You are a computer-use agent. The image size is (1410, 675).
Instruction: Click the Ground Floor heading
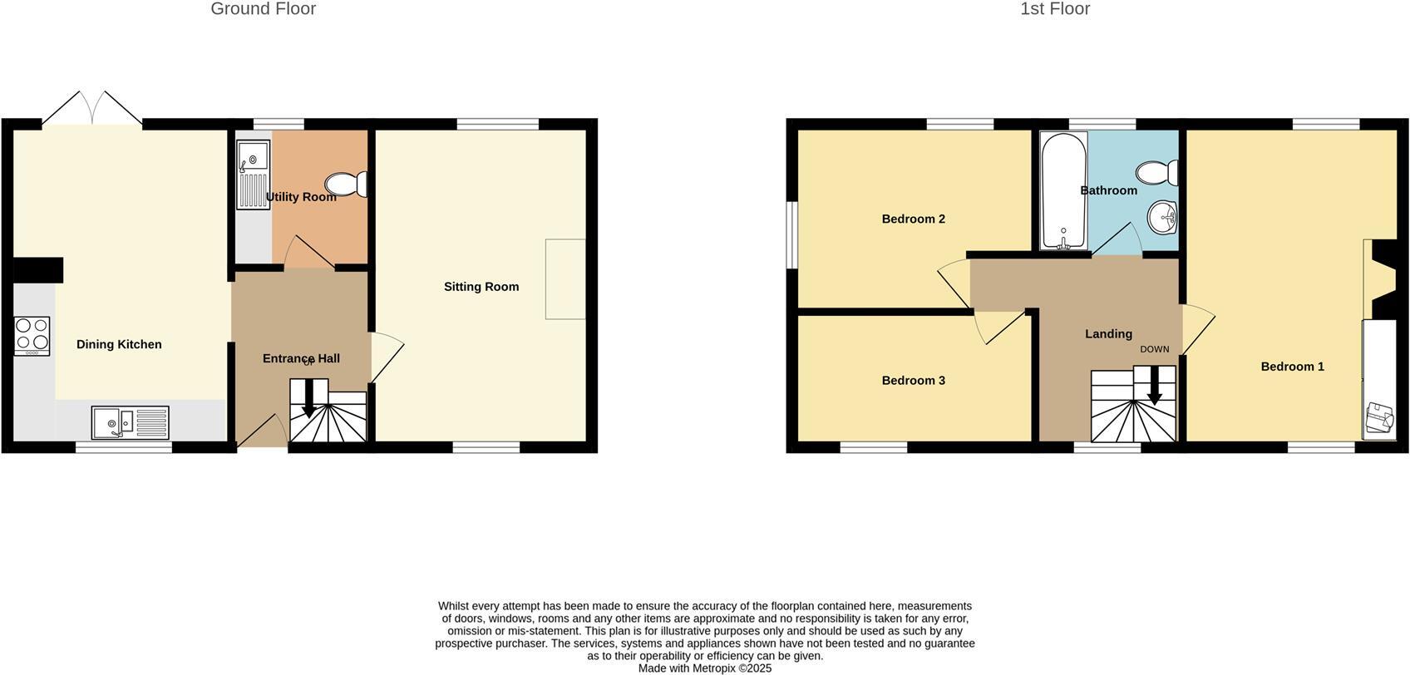pyautogui.click(x=263, y=9)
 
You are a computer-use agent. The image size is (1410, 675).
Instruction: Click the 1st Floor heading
pyautogui.click(x=1054, y=9)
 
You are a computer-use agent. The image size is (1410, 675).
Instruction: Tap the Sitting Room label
pyautogui.click(x=481, y=287)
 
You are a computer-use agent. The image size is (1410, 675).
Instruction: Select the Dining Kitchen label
pyautogui.click(x=119, y=344)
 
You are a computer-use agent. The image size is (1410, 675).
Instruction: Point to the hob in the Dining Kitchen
pyautogui.click(x=32, y=336)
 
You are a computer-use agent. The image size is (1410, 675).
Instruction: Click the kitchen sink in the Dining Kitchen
pyautogui.click(x=130, y=422)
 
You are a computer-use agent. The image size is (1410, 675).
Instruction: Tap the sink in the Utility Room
pyautogui.click(x=253, y=174)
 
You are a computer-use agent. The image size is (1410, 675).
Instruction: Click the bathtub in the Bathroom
pyautogui.click(x=1063, y=190)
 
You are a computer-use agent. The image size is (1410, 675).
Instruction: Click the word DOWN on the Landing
pyautogui.click(x=1154, y=349)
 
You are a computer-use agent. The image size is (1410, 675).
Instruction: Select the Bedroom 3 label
pyautogui.click(x=913, y=381)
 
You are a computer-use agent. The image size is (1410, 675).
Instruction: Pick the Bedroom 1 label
pyautogui.click(x=1292, y=367)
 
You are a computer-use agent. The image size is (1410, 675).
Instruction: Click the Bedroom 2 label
pyautogui.click(x=913, y=219)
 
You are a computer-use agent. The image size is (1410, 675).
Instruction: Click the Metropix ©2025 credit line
pyautogui.click(x=705, y=668)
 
